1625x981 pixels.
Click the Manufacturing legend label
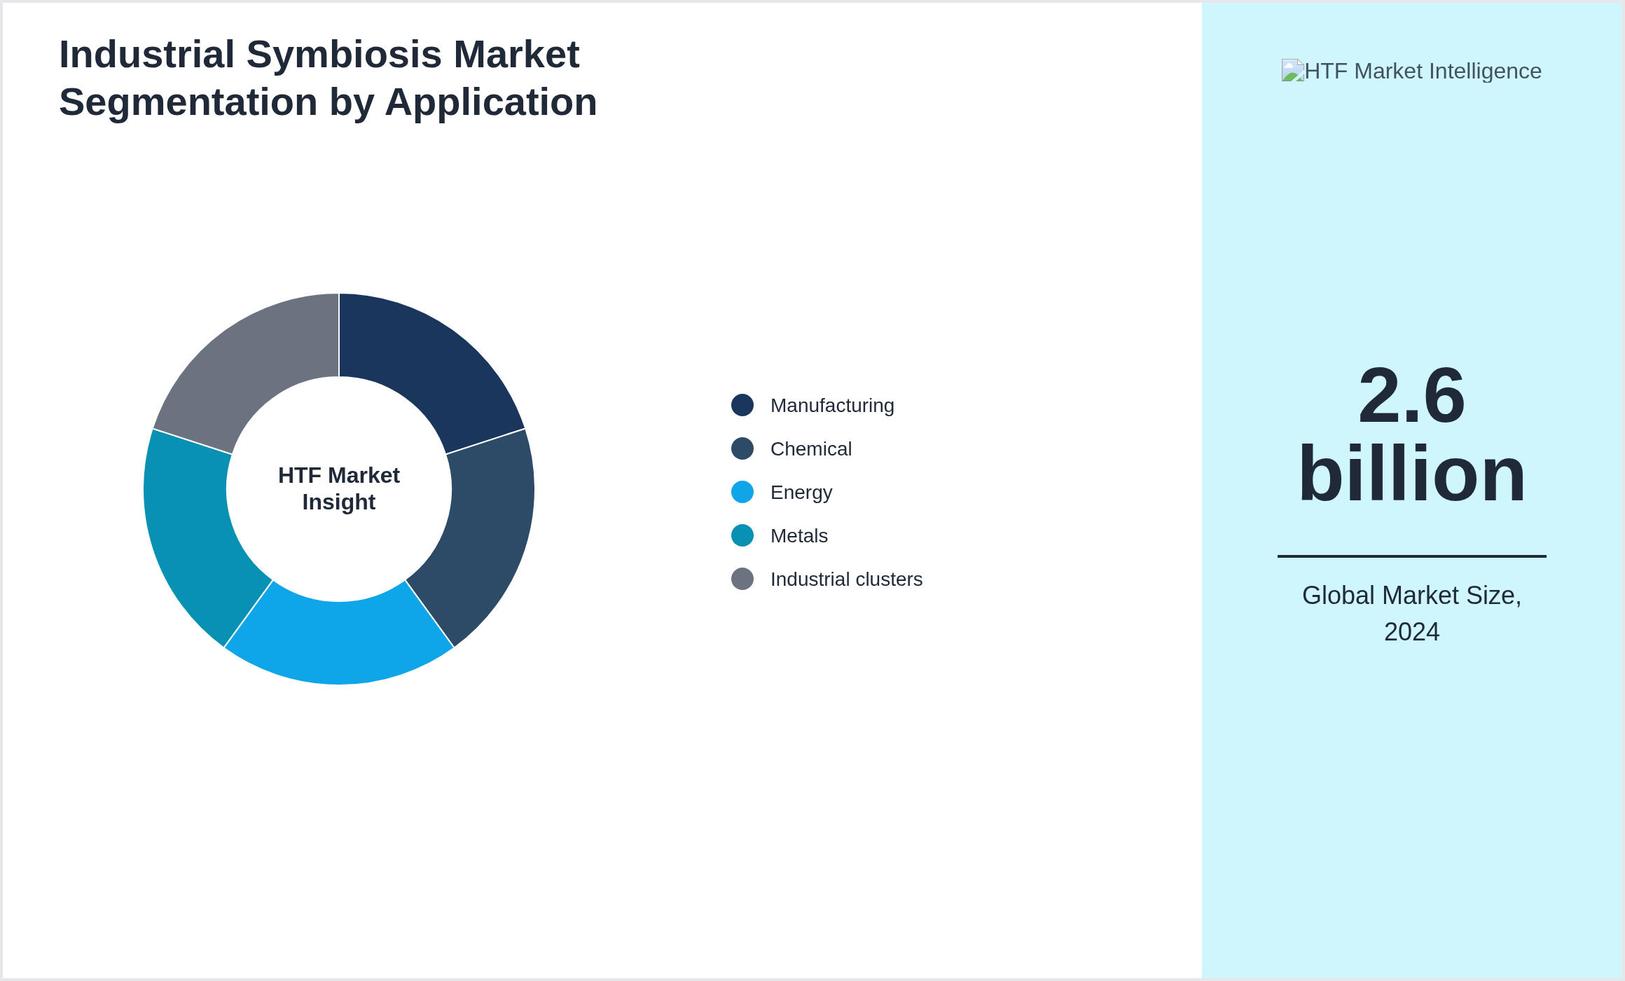pyautogui.click(x=832, y=406)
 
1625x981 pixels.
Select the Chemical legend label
pyautogui.click(x=810, y=449)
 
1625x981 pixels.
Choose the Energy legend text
pyautogui.click(x=801, y=493)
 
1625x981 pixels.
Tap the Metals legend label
pyautogui.click(x=798, y=536)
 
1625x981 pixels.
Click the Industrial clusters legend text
pyautogui.click(x=846, y=579)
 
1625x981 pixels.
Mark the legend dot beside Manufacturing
pyautogui.click(x=742, y=405)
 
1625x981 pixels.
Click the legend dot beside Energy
pyautogui.click(x=742, y=492)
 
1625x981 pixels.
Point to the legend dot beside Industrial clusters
pyautogui.click(x=742, y=579)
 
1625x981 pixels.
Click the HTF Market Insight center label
pyautogui.click(x=339, y=488)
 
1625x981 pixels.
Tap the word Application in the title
pyautogui.click(x=490, y=102)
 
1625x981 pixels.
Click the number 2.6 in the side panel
pyautogui.click(x=1411, y=396)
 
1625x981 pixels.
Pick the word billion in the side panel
pyautogui.click(x=1411, y=474)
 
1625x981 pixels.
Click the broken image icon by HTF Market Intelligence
pyautogui.click(x=1292, y=70)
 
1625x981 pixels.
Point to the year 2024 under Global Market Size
pyautogui.click(x=1411, y=632)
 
